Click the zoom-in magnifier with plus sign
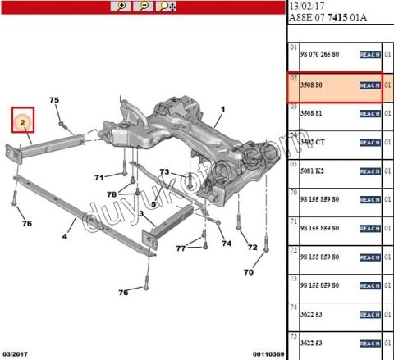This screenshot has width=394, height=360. point(121,6)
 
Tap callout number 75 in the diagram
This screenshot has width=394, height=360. point(54,101)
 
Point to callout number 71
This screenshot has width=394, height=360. point(99,177)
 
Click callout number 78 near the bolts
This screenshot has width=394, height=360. point(112,194)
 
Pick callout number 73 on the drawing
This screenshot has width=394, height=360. point(164,172)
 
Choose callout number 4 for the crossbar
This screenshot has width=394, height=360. point(64,238)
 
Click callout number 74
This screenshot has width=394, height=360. point(227,244)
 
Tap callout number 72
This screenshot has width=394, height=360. point(253,248)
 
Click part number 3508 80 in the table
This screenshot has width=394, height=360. point(309,84)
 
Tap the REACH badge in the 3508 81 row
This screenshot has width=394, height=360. point(369,113)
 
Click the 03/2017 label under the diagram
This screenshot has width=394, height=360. point(15,354)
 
